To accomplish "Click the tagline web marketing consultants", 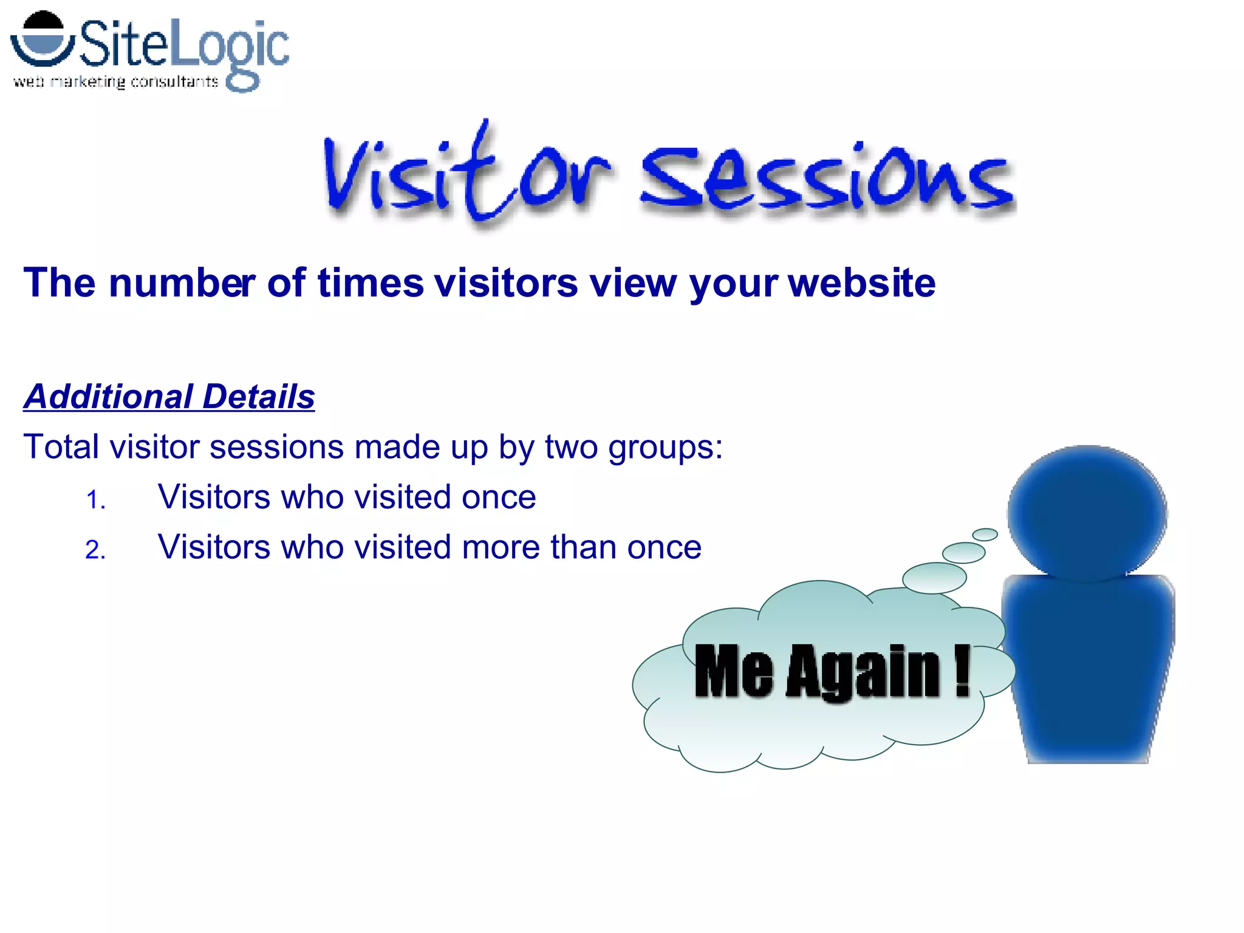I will click(x=115, y=82).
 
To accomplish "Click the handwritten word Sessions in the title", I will click(x=826, y=179).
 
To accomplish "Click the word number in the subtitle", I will click(x=182, y=283).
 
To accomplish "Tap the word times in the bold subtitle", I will click(x=371, y=283).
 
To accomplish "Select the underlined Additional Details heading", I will click(x=169, y=397).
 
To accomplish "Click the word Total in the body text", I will click(x=61, y=447).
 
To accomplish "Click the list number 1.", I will click(x=95, y=501).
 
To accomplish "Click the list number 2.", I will click(x=95, y=550).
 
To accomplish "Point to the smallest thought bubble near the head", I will click(x=985, y=535).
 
